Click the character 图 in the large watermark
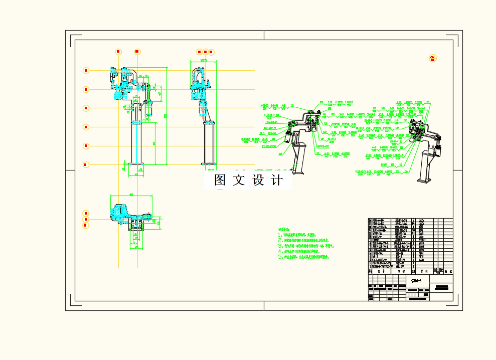[x=220, y=181]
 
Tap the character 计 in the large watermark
[x=276, y=181]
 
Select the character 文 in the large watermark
[x=239, y=181]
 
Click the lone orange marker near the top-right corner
[x=432, y=59]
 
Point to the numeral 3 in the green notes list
[x=280, y=246]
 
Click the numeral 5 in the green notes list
[x=280, y=257]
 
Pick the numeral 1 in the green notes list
[x=280, y=235]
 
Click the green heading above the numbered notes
[x=284, y=229]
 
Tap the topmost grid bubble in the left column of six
[x=86, y=71]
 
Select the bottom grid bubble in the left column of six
[x=86, y=164]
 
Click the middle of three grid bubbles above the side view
[x=205, y=52]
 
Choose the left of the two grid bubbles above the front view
[x=118, y=52]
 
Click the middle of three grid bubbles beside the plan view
[x=86, y=219]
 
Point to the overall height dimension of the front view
[x=166, y=115]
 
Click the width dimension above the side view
[x=203, y=61]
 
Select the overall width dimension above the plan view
[x=131, y=195]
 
